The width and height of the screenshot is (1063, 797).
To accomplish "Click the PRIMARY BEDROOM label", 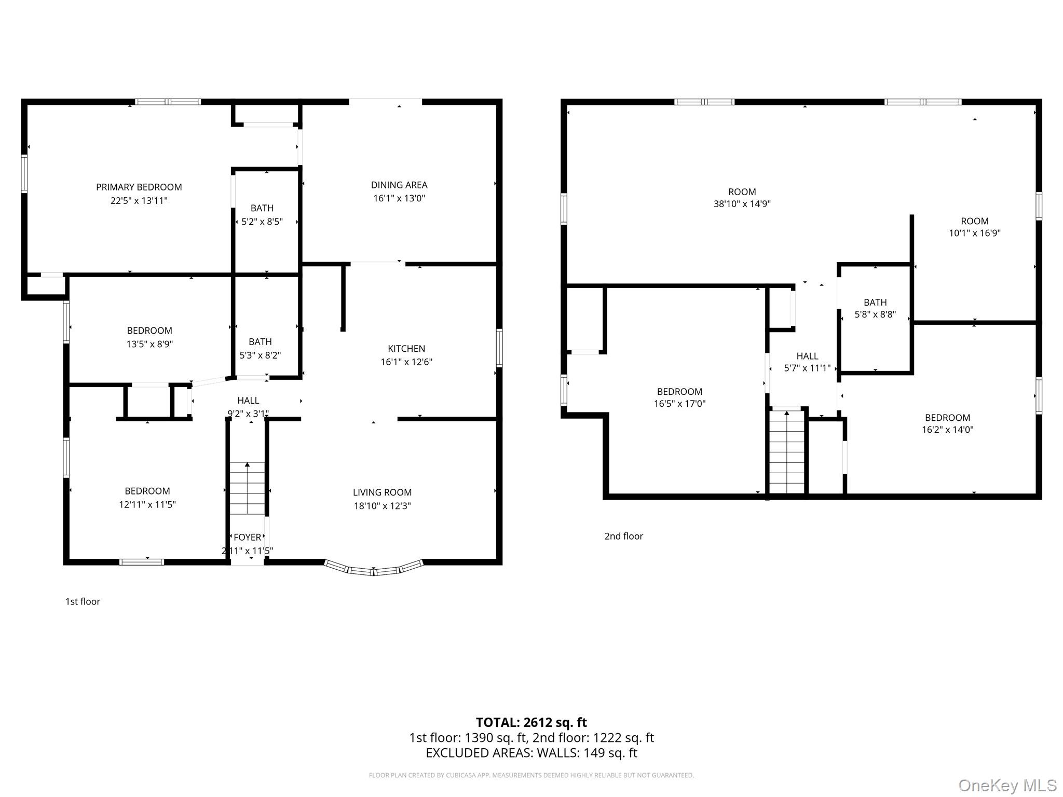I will (139, 187).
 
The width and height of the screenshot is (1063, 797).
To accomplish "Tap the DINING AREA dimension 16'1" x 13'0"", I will (399, 198).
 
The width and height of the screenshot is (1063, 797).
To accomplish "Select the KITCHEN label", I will (406, 349).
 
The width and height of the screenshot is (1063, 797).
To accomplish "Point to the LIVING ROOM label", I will (382, 492).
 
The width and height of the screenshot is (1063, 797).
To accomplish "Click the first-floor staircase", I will (248, 488).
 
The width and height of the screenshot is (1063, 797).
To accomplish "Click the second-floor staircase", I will (787, 451).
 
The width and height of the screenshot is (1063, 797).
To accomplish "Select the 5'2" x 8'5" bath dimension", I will (262, 222).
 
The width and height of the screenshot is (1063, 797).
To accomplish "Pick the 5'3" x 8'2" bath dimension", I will (260, 355).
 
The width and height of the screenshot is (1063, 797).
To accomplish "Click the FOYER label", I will (247, 538).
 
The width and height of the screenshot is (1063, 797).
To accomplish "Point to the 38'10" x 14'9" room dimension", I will (742, 204).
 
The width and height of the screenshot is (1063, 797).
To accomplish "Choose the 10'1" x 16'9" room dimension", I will (974, 233).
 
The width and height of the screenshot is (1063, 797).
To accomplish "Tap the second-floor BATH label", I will (875, 303).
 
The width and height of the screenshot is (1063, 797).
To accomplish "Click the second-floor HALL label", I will (807, 356).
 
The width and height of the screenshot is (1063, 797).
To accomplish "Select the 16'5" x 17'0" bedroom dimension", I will (679, 404).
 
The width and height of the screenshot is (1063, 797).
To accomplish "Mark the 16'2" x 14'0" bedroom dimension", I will (947, 430).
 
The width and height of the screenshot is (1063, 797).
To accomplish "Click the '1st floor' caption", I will (83, 601).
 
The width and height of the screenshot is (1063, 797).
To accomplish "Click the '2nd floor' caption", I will (623, 536).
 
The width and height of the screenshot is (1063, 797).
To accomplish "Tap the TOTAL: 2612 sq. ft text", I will (531, 722).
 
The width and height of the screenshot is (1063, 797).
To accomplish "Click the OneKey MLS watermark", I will (1007, 785).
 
